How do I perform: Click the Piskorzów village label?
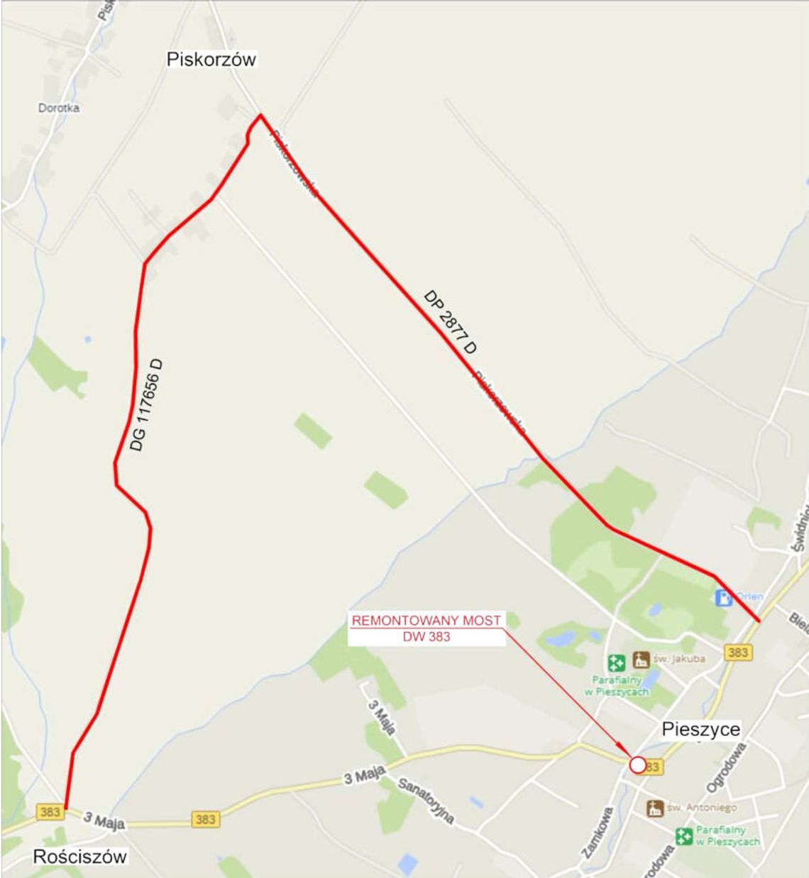(x=211, y=60)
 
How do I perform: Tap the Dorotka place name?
(x=59, y=108)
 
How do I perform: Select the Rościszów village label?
(x=79, y=857)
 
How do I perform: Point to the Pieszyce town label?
(x=700, y=729)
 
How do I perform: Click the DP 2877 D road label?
(x=450, y=322)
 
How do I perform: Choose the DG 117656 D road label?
(x=147, y=405)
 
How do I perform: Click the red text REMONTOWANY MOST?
(x=426, y=621)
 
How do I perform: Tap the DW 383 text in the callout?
(x=426, y=637)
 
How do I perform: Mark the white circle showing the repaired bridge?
(x=637, y=765)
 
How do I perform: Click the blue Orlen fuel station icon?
(x=723, y=597)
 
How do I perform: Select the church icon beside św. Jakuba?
(x=642, y=659)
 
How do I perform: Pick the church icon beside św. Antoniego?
(x=654, y=808)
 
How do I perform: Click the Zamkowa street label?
(x=597, y=833)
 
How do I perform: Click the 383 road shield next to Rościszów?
(x=50, y=811)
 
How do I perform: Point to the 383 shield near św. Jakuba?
(x=737, y=652)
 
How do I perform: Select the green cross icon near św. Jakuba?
(x=615, y=663)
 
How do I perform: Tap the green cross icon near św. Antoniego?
(x=684, y=836)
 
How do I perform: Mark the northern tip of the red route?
(x=261, y=114)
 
